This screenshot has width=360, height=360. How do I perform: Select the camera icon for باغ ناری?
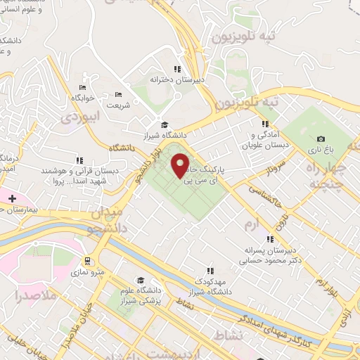click(321, 139)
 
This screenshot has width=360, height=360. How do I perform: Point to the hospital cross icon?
click(12, 198)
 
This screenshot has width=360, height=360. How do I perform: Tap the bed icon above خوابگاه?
click(83, 87)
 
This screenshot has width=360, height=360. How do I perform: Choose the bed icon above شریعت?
click(118, 94)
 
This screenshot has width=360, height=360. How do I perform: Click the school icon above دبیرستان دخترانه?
click(177, 69)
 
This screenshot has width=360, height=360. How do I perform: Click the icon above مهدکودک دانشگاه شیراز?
click(210, 271)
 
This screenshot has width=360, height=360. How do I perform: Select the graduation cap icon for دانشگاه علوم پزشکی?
click(141, 280)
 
